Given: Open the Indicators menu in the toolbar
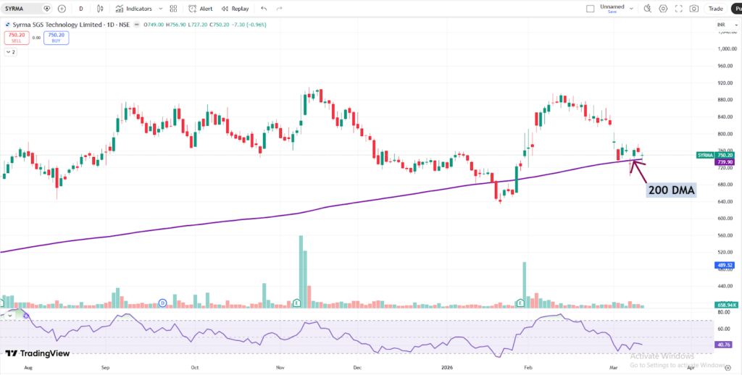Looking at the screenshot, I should point(134,9).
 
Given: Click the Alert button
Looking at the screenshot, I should point(201,9).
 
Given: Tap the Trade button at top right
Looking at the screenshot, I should point(716,9).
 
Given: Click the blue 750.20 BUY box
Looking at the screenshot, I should point(57,37).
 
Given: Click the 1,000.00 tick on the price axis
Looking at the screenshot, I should point(725,49).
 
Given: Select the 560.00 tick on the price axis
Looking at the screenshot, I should point(725,235).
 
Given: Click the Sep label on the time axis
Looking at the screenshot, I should point(106,367).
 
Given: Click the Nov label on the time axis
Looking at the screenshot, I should point(279,367).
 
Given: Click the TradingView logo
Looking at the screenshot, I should point(37,353).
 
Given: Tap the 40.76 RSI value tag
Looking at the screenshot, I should point(721,345).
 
